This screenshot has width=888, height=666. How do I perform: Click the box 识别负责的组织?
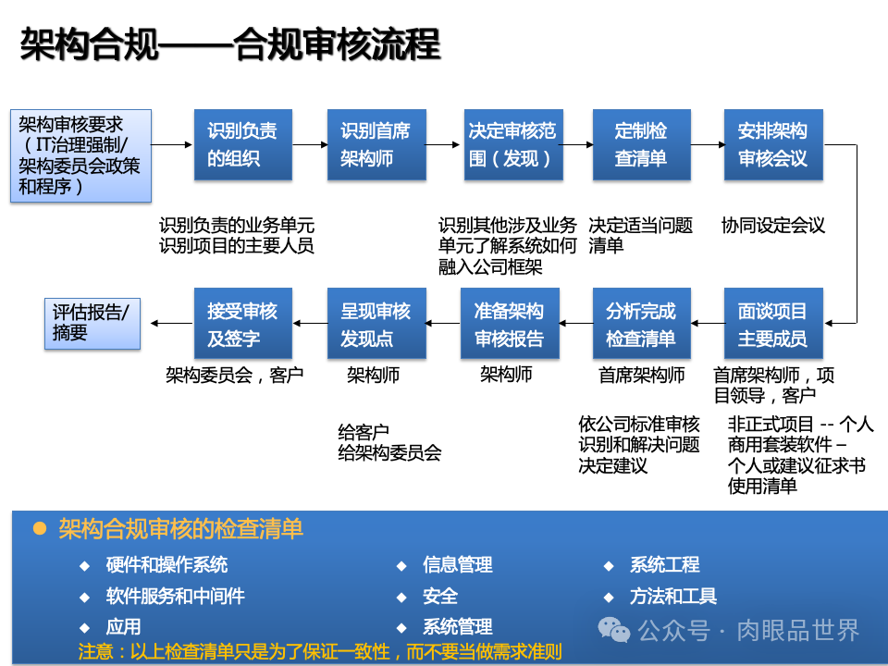coord(242,145)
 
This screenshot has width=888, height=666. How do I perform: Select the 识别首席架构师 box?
coord(376,145)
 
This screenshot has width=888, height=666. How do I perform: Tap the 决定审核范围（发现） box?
coord(511,145)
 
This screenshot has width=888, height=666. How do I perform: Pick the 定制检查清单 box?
coord(641,145)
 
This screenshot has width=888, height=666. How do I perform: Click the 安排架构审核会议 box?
coord(772,145)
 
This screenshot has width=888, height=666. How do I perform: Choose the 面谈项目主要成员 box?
coord(772,324)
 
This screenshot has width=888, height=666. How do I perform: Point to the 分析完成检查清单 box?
coord(641,324)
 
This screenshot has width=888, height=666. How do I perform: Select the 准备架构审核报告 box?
coord(510,324)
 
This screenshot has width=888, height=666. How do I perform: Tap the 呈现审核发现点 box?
coord(376,324)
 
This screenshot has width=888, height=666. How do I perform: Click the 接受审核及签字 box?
coord(242,324)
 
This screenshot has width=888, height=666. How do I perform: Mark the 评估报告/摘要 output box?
coord(92,323)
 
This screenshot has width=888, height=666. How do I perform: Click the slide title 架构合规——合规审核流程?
coord(229,44)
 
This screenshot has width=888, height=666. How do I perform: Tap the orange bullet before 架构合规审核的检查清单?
coord(39,528)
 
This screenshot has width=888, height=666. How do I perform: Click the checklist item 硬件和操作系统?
coord(166,564)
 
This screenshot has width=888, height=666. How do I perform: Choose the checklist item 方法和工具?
coord(672,596)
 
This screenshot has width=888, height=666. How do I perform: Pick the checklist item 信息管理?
coord(457,564)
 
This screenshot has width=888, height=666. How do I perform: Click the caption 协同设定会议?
coord(772,225)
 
